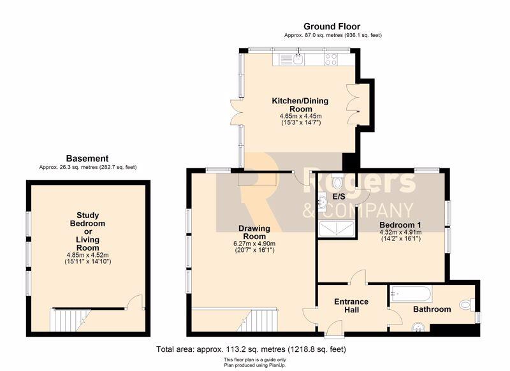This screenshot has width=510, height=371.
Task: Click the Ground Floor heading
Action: tap(331, 26)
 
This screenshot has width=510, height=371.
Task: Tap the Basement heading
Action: tap(87, 159)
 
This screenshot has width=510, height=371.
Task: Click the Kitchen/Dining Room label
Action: tap(300, 105)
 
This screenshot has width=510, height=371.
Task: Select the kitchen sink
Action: tap(298, 59)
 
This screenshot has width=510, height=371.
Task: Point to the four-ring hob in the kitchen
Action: tap(331, 59)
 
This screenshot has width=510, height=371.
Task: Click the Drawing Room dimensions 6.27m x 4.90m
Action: tap(254, 244)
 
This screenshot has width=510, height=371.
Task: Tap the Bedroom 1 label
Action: tap(400, 225)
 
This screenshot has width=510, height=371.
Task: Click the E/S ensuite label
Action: tap(339, 197)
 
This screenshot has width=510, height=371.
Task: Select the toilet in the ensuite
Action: tap(337, 182)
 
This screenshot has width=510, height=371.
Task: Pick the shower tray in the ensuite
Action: tap(337, 229)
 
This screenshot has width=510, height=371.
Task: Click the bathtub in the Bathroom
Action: tap(411, 294)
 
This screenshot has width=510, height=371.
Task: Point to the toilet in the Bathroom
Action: tap(467, 305)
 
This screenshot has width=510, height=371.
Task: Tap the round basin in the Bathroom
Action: tap(418, 328)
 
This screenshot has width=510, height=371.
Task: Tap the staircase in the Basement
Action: tap(70, 320)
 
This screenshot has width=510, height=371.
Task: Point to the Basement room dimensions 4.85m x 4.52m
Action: tap(88, 255)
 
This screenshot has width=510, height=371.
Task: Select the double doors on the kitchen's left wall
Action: tap(236, 112)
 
